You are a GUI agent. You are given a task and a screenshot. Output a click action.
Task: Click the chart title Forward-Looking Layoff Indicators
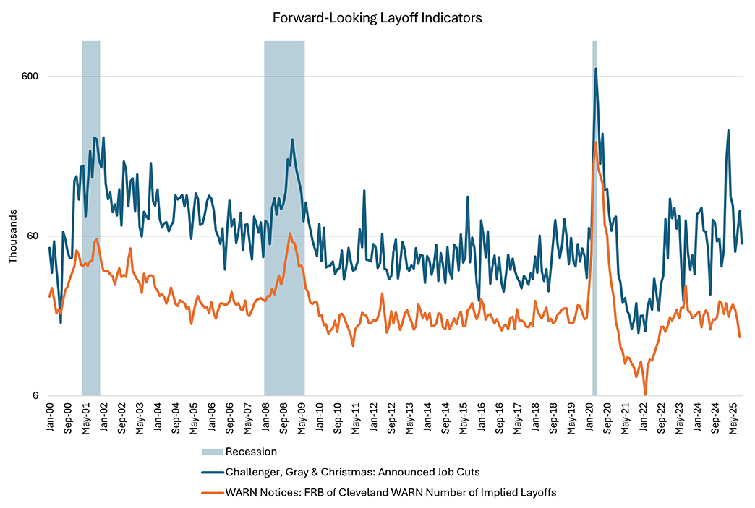pos(377,17)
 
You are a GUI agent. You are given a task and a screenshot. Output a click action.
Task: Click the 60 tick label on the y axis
pos(32,236)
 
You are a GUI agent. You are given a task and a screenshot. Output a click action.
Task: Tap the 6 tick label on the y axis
pos(35,396)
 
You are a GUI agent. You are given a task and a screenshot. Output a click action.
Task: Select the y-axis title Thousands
pos(12,236)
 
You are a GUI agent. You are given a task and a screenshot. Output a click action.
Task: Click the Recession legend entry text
pos(251,452)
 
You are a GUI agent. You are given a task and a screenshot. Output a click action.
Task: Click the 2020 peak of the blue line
pos(596,69)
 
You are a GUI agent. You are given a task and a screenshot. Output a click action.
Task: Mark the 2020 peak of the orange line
pos(595,142)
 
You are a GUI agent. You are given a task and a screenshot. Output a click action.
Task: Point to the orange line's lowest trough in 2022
pos(645,395)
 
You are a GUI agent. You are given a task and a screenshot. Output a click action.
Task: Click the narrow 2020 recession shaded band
pos(594,217)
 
